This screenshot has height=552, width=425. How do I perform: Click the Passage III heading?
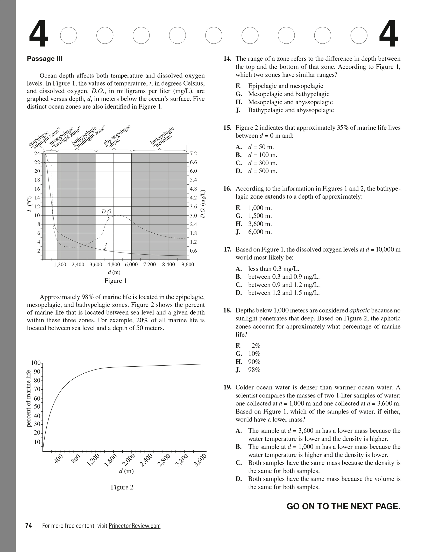tap(45, 59)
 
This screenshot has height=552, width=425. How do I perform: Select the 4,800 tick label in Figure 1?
tap(114, 264)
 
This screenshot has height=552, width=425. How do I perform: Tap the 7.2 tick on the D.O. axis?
tap(193, 153)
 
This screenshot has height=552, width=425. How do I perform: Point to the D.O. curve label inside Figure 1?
tap(107, 212)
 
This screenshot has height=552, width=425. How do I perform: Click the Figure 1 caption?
tap(116, 281)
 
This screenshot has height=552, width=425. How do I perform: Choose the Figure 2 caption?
tap(122, 487)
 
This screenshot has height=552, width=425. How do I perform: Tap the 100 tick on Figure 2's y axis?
tap(36, 363)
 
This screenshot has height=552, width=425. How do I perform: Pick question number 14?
tap(227, 59)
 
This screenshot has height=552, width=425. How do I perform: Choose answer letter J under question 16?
tap(238, 232)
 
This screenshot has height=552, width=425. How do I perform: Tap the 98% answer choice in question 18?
tap(254, 370)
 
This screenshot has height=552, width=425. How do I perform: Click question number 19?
tap(227, 387)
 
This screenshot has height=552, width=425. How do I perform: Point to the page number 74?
tap(29, 526)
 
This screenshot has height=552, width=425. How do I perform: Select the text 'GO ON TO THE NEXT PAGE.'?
tap(343, 506)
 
